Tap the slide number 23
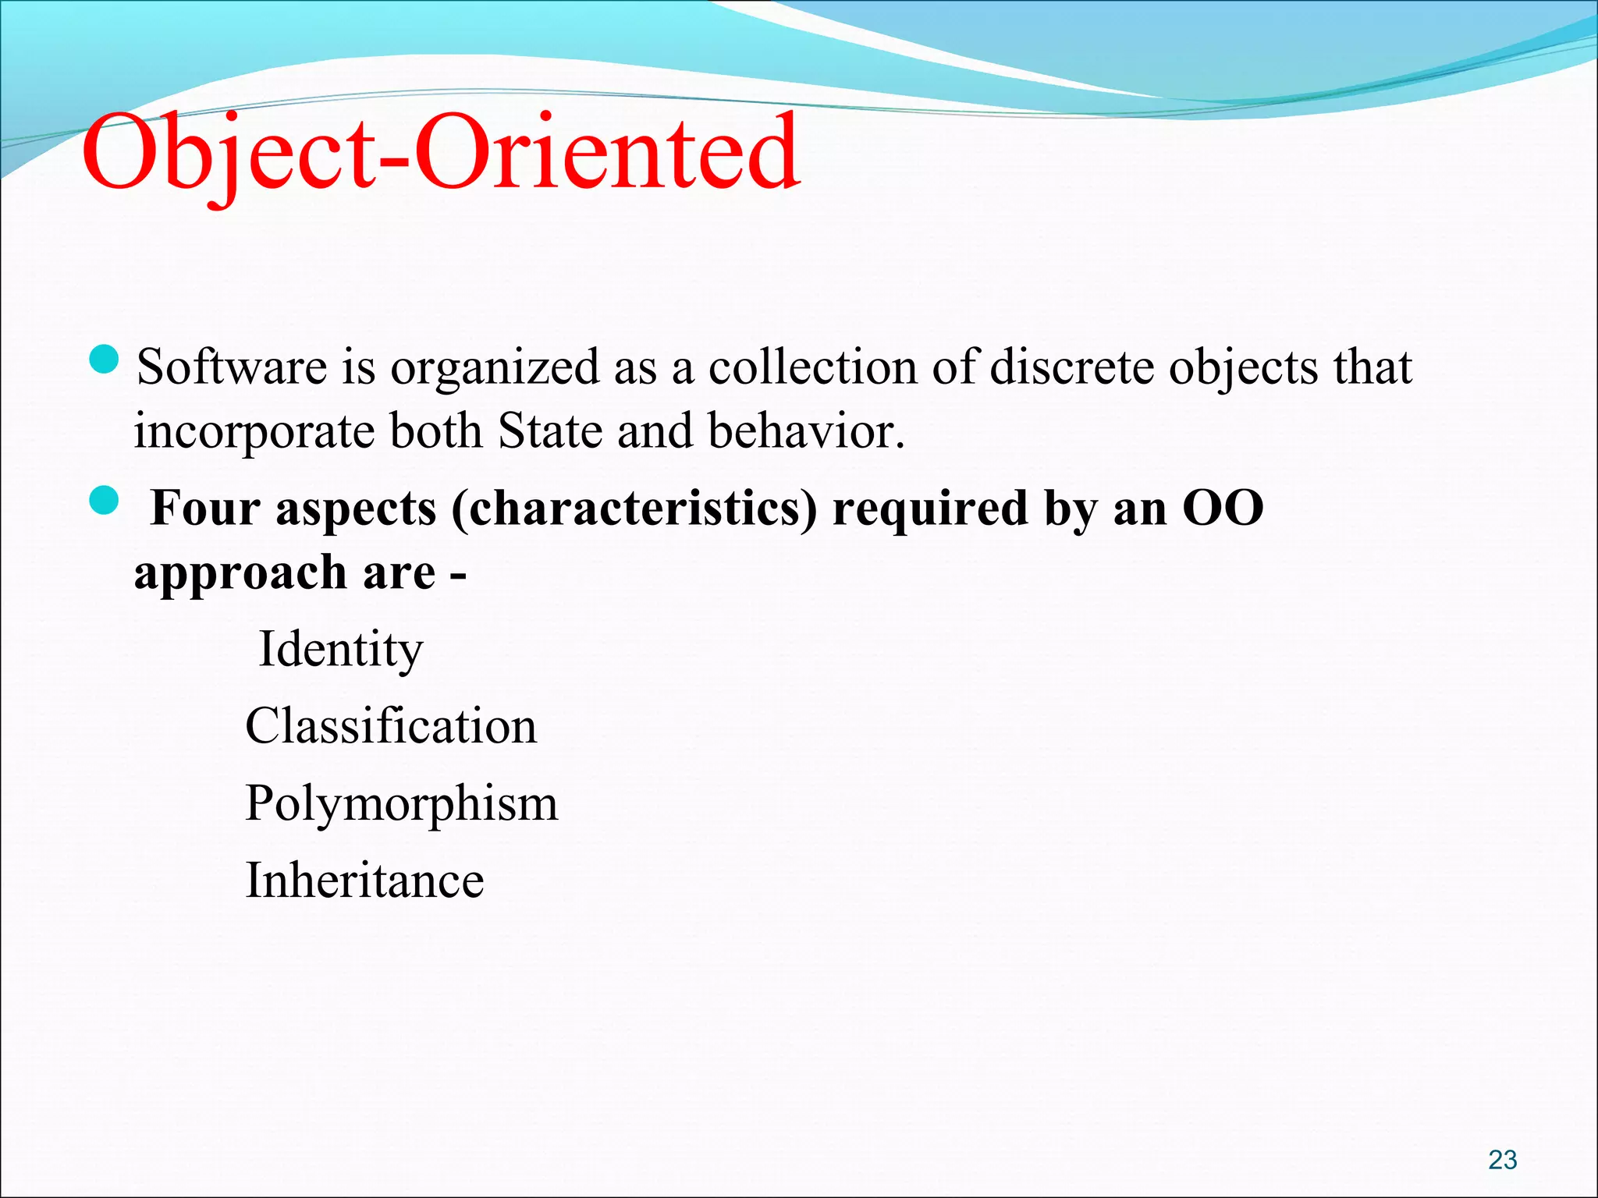pos(1502,1160)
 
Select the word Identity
pos(341,649)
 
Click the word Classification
pos(391,726)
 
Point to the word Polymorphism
pos(401,803)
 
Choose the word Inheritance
pos(364,881)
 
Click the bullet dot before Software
pos(104,360)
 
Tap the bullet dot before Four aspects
pos(104,502)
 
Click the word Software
pos(232,367)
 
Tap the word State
pos(550,431)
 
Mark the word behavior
pos(806,431)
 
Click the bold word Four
pos(204,509)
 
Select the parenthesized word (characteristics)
pos(634,509)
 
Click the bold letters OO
pos(1223,509)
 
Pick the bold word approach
pos(240,573)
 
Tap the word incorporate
pos(254,432)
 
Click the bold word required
pos(930,509)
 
